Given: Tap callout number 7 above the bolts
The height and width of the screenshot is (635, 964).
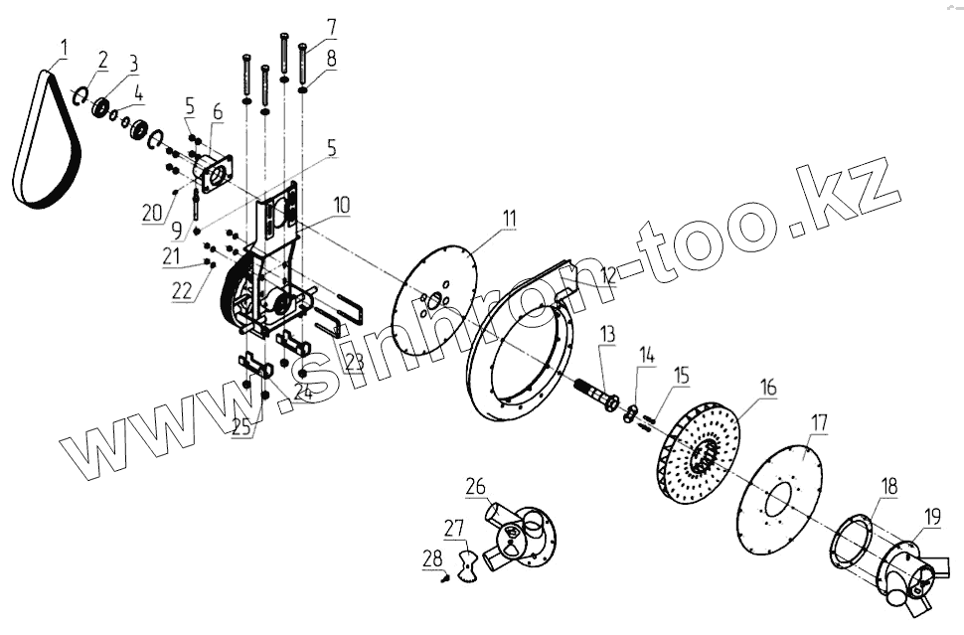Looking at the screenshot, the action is [331, 24].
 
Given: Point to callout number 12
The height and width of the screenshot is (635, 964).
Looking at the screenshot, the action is [608, 274].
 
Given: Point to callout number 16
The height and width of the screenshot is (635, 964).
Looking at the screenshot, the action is [768, 385].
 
